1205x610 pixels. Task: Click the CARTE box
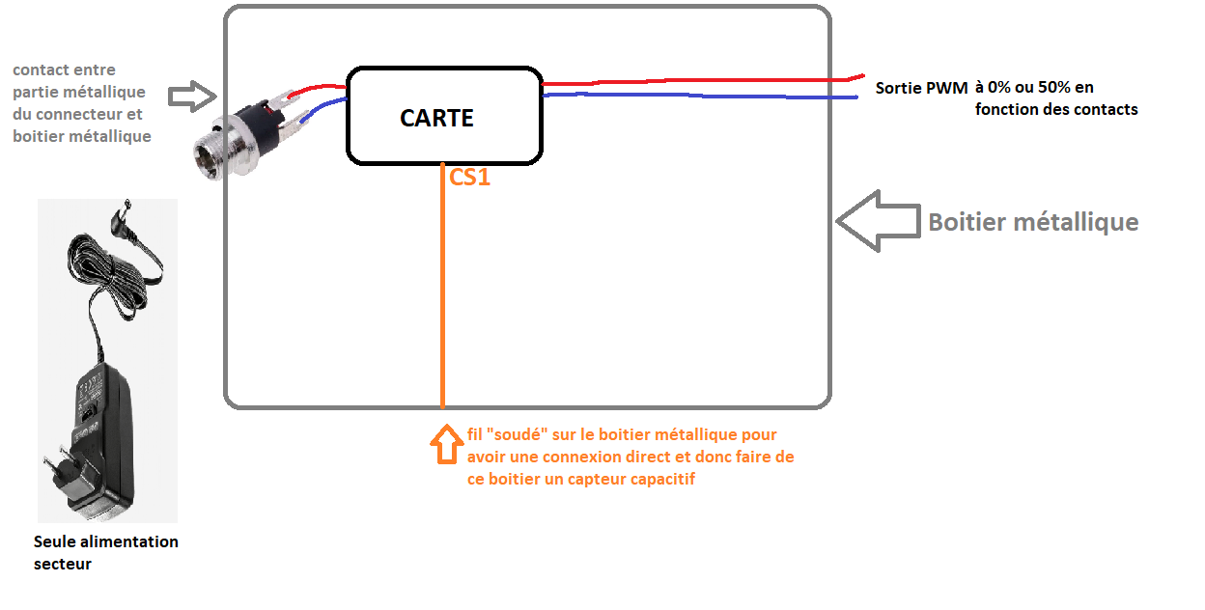(x=443, y=116)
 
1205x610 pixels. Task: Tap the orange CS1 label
(x=470, y=177)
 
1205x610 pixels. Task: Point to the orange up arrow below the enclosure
(x=445, y=445)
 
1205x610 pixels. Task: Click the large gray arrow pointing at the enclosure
(x=878, y=221)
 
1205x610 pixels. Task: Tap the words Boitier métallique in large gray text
(x=1033, y=222)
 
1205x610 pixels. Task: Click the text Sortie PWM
(x=921, y=88)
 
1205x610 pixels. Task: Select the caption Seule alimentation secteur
(x=105, y=552)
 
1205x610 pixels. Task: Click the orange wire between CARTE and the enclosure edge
(x=442, y=290)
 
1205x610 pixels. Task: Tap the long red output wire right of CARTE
(x=695, y=82)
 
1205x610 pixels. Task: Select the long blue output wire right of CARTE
(x=695, y=96)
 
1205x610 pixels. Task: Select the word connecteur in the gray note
(x=77, y=114)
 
